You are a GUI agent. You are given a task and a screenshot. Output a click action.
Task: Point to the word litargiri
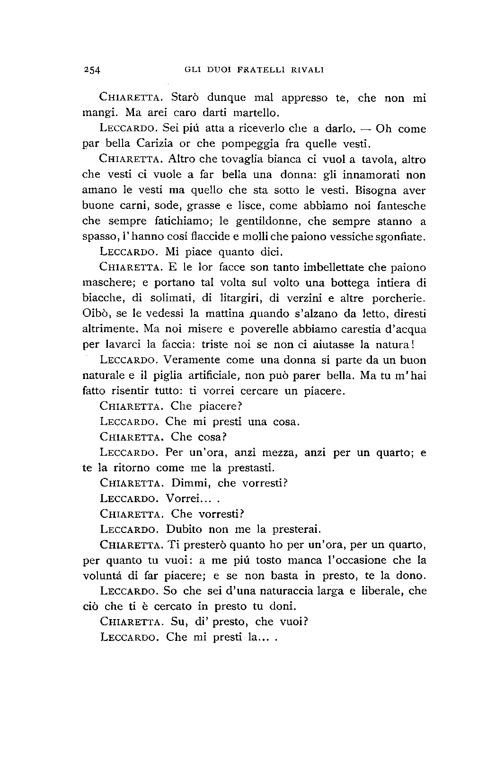(x=241, y=298)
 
